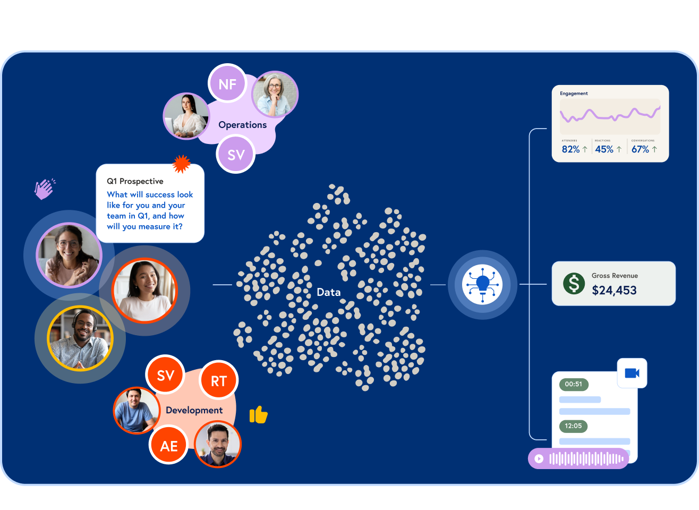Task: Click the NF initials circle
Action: pyautogui.click(x=227, y=83)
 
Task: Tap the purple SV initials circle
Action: pyautogui.click(x=236, y=154)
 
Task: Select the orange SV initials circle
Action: pyautogui.click(x=166, y=375)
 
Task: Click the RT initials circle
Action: pyautogui.click(x=219, y=380)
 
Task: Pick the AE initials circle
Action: pyautogui.click(x=169, y=445)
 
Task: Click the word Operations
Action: pyautogui.click(x=242, y=125)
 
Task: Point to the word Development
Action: pyautogui.click(x=194, y=410)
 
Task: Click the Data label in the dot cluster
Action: pyautogui.click(x=328, y=292)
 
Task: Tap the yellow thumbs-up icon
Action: pyautogui.click(x=259, y=414)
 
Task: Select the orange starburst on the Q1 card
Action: pyautogui.click(x=182, y=164)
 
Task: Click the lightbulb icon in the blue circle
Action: pyautogui.click(x=482, y=284)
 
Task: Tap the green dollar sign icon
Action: pyautogui.click(x=574, y=283)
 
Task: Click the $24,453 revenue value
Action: pyautogui.click(x=614, y=290)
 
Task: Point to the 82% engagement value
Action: pyautogui.click(x=571, y=149)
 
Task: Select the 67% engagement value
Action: pyautogui.click(x=640, y=149)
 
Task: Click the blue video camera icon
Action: pyautogui.click(x=632, y=373)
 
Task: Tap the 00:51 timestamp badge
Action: pyautogui.click(x=573, y=384)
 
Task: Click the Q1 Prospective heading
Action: pyautogui.click(x=135, y=181)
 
